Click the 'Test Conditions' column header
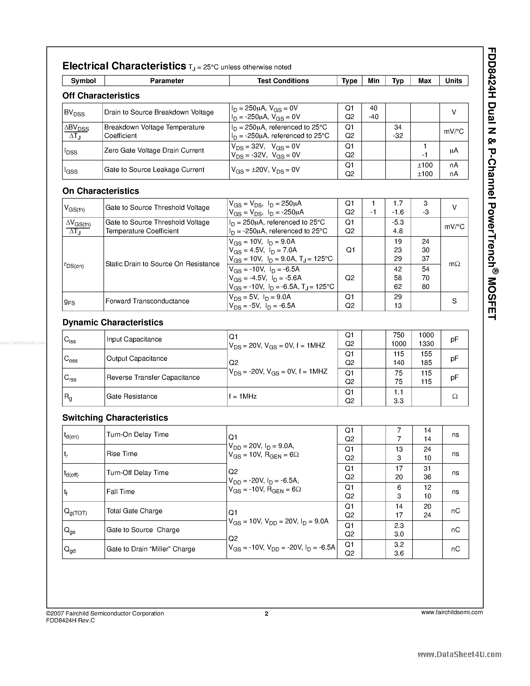[x=283, y=81]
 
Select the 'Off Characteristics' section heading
[x=101, y=96]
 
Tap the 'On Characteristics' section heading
[x=101, y=191]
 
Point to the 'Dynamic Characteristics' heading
[x=113, y=323]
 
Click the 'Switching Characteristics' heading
[x=115, y=418]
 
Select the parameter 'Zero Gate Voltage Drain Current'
[x=154, y=150]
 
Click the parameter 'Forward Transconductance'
[x=147, y=301]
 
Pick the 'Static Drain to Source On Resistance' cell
[x=162, y=264]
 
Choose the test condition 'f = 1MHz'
[x=243, y=396]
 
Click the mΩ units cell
[x=454, y=264]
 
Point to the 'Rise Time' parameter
[x=122, y=454]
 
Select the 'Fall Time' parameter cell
[x=120, y=492]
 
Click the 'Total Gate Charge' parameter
[x=134, y=511]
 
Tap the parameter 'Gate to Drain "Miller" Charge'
[x=151, y=549]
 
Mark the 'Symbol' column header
[x=83, y=81]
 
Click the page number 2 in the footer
[x=267, y=614]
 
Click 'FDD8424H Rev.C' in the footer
[x=70, y=620]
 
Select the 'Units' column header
[x=453, y=81]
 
